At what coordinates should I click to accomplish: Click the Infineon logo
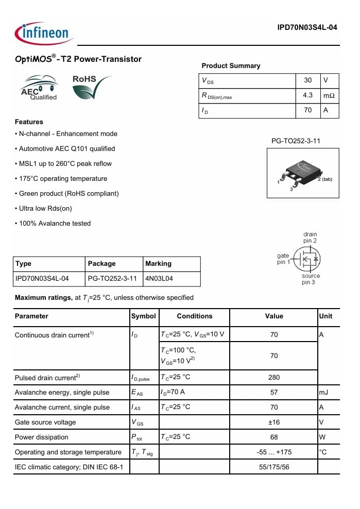(x=44, y=32)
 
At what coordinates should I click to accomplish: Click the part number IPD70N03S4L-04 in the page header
(x=307, y=28)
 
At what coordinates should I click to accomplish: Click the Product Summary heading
(x=231, y=66)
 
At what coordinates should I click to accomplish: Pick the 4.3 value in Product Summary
(x=308, y=95)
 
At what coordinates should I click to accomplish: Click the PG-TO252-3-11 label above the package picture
(x=296, y=141)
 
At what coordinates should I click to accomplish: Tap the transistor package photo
(x=302, y=173)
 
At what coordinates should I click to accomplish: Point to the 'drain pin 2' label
(x=310, y=237)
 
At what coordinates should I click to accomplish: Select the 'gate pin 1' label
(x=283, y=259)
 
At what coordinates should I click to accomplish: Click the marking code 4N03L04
(x=159, y=279)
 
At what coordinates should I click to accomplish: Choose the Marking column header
(x=158, y=264)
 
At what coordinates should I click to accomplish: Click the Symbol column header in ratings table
(x=143, y=316)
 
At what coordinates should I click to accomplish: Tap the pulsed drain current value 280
(x=273, y=378)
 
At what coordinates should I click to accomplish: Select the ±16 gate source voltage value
(x=273, y=422)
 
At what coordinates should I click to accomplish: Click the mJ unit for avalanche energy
(x=323, y=393)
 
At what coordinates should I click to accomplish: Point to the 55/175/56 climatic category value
(x=273, y=467)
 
